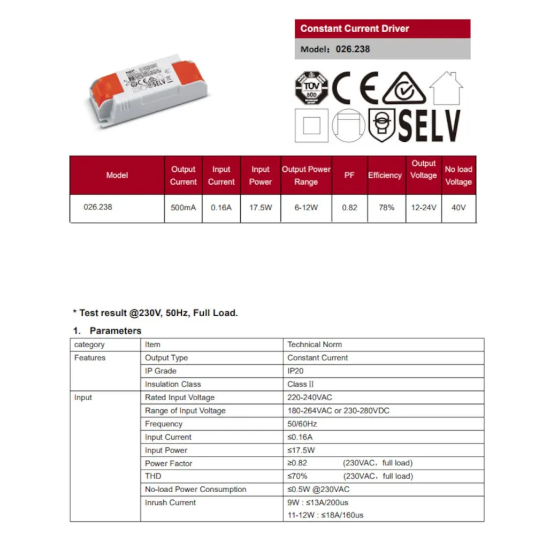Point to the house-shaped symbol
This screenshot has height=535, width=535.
(x=446, y=88)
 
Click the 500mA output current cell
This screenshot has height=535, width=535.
(x=183, y=208)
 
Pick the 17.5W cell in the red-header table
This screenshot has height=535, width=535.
(x=260, y=208)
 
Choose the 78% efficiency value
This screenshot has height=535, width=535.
(x=386, y=208)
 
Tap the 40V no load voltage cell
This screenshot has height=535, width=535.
(x=458, y=208)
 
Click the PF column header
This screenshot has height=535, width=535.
(x=349, y=175)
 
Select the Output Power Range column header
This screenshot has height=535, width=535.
(x=306, y=175)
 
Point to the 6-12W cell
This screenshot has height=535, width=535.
(x=306, y=208)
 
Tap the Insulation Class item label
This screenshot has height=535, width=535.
(x=173, y=384)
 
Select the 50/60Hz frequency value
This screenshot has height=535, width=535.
(x=302, y=424)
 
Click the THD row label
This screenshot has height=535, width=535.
(x=153, y=476)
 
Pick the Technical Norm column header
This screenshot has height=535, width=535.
(x=315, y=345)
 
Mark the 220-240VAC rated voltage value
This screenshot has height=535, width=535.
(x=310, y=398)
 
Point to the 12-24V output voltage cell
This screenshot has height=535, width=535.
(x=423, y=208)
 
